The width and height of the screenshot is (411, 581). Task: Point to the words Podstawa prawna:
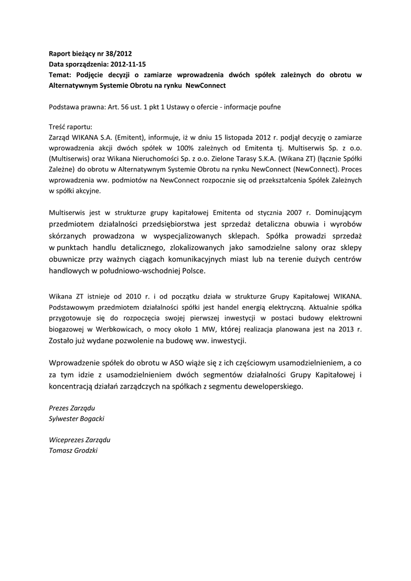point(77,106)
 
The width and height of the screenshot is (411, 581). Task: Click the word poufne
point(269,106)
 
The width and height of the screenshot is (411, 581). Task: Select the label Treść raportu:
point(70,127)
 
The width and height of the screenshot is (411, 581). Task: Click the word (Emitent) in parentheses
point(131,137)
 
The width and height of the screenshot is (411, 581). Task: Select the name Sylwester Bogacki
point(77,418)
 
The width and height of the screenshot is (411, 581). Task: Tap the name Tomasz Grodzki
point(74,450)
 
